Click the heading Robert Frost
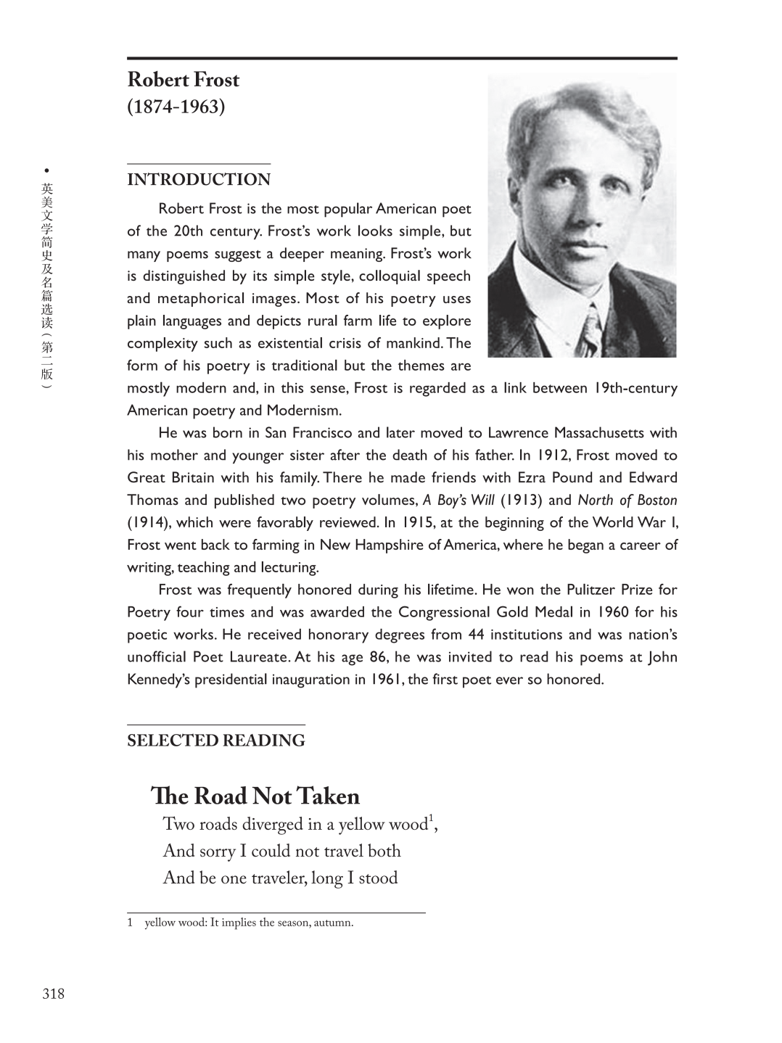point(183,80)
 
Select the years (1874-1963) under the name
point(176,107)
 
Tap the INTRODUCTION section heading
point(199,180)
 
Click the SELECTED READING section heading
point(215,741)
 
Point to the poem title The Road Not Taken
point(255,796)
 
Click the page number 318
point(53,994)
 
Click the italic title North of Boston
point(627,500)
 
